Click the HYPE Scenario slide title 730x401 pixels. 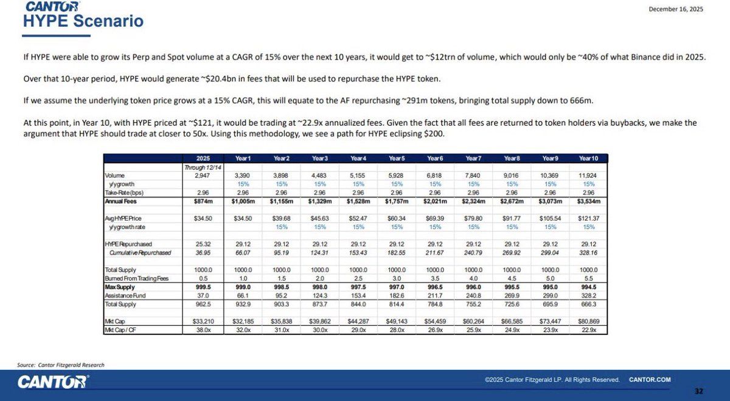pyautogui.click(x=83, y=21)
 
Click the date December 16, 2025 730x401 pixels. pyautogui.click(x=676, y=9)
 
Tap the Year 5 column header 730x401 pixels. pyautogui.click(x=397, y=158)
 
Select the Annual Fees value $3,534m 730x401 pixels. pyautogui.click(x=588, y=200)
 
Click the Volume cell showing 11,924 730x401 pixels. pyautogui.click(x=588, y=175)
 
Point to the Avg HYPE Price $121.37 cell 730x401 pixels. pyautogui.click(x=588, y=218)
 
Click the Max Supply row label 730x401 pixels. pyautogui.click(x=119, y=287)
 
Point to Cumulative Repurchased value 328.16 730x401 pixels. pyautogui.click(x=588, y=252)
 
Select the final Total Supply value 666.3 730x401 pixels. pyautogui.click(x=588, y=303)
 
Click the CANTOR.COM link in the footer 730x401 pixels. pyautogui.click(x=650, y=380)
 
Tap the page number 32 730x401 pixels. pyautogui.click(x=698, y=391)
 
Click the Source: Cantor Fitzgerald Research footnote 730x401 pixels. pyautogui.click(x=61, y=365)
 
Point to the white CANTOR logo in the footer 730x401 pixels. pyautogui.click(x=53, y=382)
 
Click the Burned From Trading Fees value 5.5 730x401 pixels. pyautogui.click(x=588, y=278)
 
